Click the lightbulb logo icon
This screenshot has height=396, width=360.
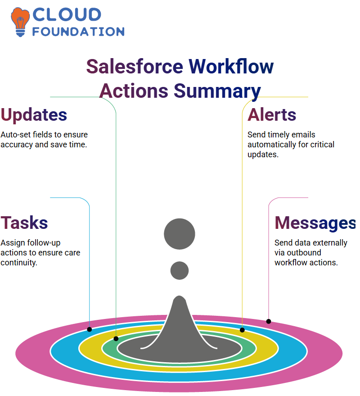(x=20, y=22)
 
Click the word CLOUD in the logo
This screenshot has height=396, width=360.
(x=67, y=15)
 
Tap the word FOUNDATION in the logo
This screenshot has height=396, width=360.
(x=78, y=32)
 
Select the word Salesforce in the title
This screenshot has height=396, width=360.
(x=135, y=67)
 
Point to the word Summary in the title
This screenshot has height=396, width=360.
(x=217, y=91)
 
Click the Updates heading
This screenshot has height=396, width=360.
(x=34, y=115)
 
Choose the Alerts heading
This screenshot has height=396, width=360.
(x=272, y=115)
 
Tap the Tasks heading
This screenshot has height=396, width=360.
(x=24, y=223)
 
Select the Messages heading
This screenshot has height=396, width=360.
(x=315, y=223)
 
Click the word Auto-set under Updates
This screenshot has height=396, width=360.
(x=16, y=135)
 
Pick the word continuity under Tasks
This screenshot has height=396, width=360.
(x=19, y=263)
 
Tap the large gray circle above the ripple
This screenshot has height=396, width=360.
(x=180, y=234)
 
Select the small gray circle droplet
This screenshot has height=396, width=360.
(x=180, y=270)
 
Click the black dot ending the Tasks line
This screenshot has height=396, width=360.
(x=89, y=329)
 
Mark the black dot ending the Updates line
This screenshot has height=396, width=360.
(x=116, y=339)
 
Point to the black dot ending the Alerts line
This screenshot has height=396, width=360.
(x=242, y=330)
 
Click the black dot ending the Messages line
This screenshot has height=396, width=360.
(x=269, y=321)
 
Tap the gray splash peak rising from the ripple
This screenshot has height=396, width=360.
(x=179, y=323)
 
